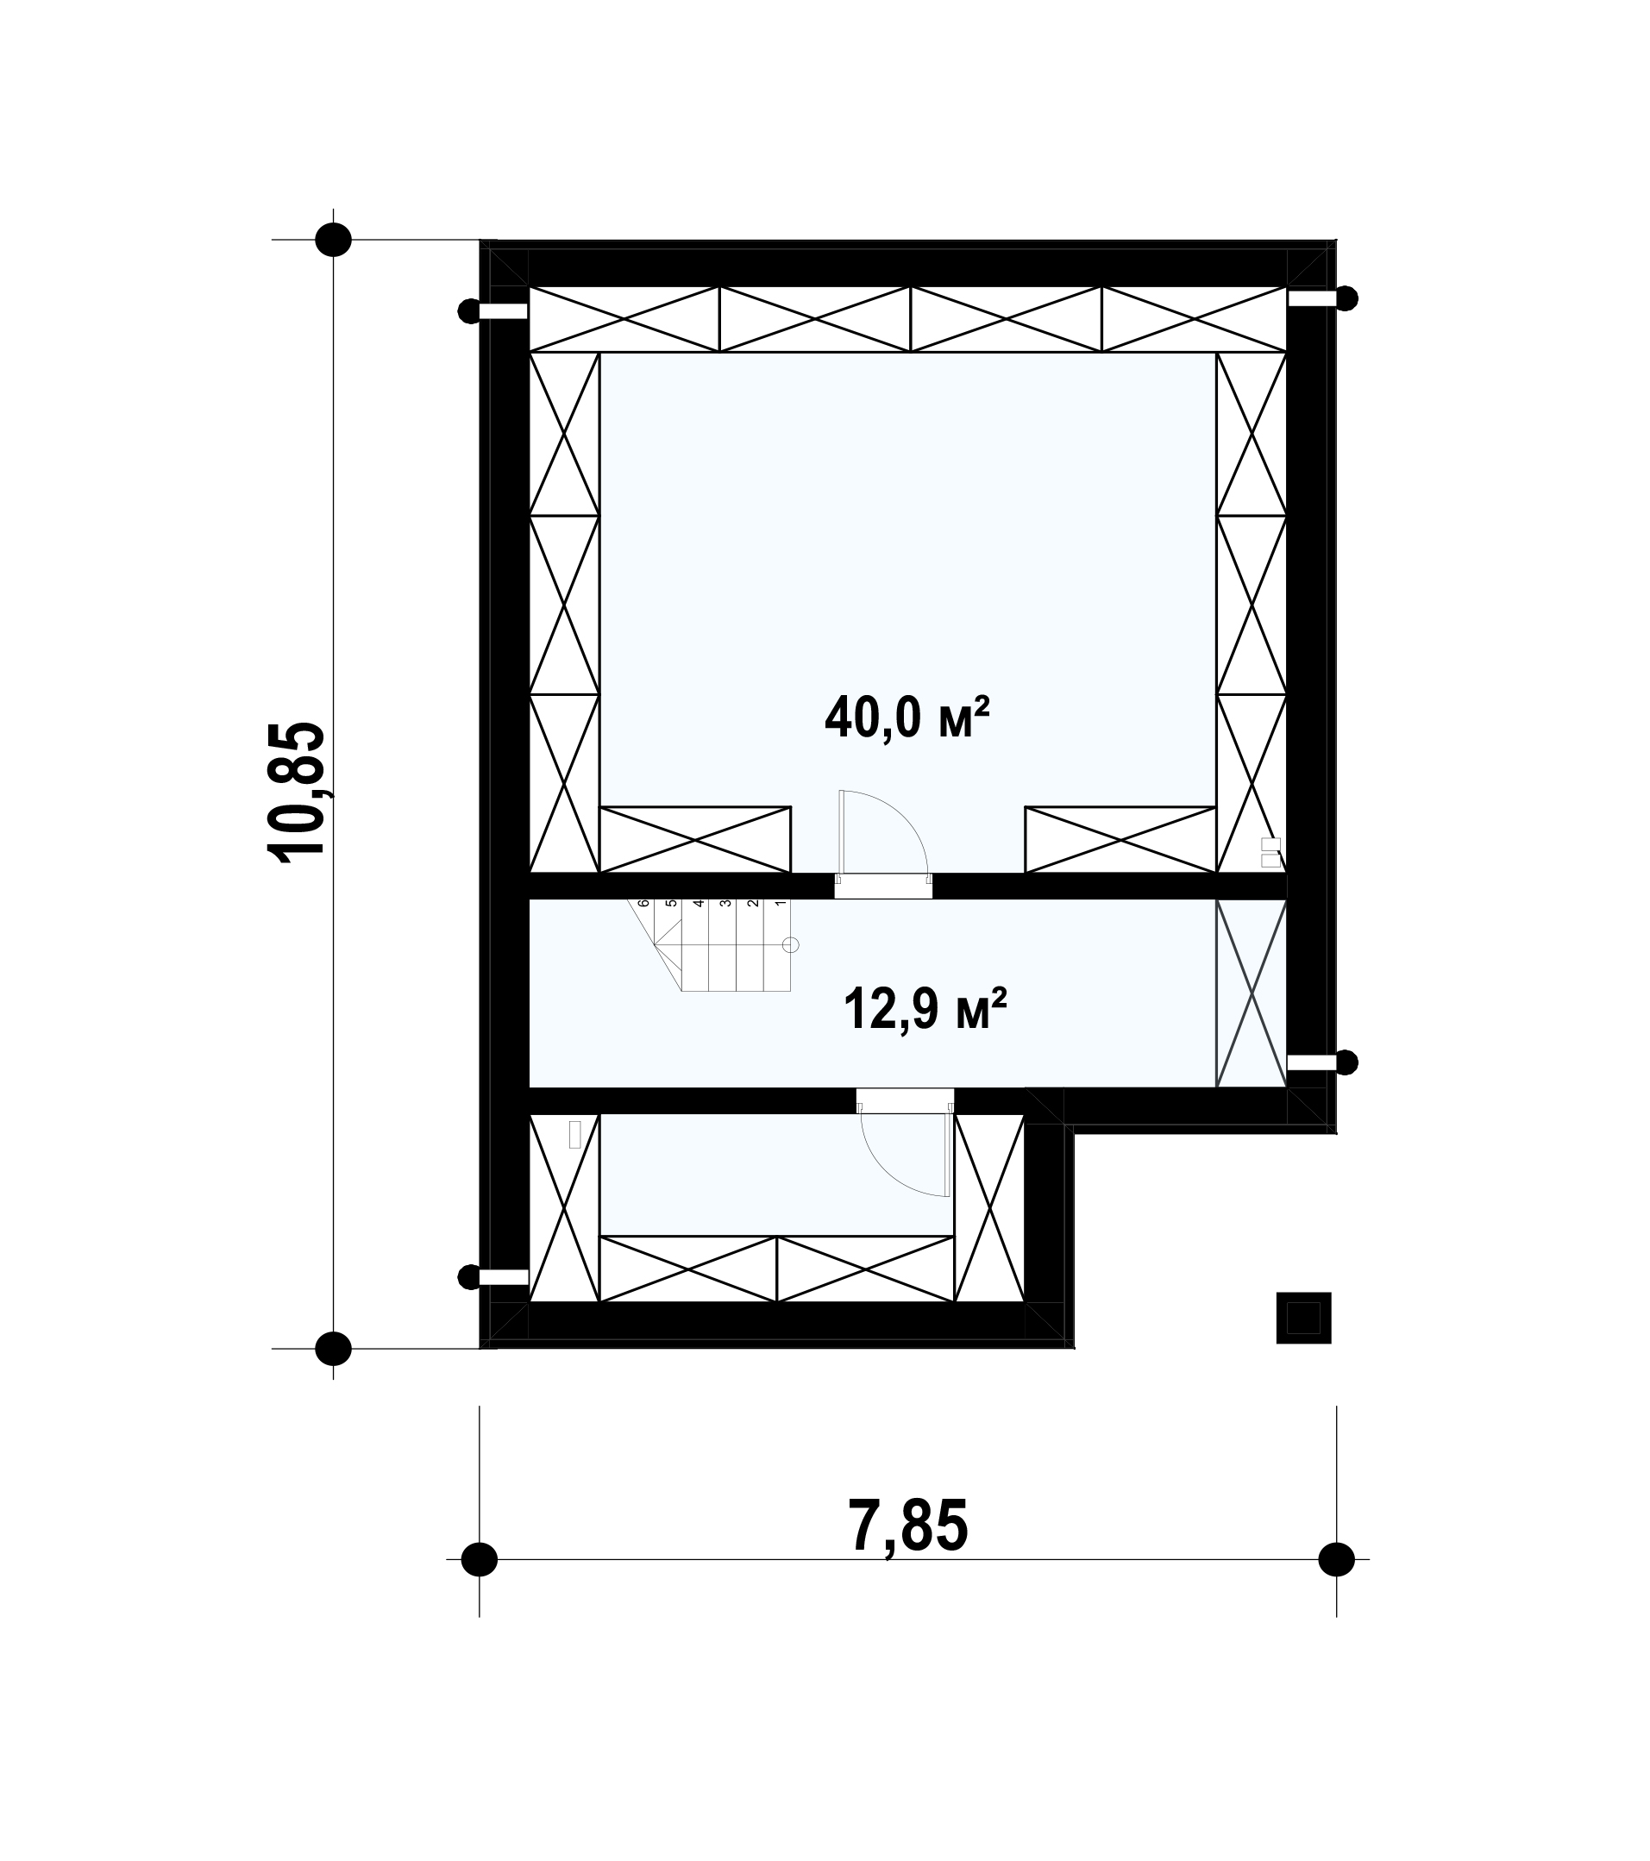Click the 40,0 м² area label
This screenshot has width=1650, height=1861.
pos(907,717)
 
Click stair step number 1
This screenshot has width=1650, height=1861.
pos(781,904)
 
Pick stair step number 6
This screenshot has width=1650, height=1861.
pos(643,904)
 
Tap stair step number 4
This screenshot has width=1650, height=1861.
pos(699,904)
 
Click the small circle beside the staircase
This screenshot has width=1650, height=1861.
pos(791,945)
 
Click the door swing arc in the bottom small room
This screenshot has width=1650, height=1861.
pos(888,1175)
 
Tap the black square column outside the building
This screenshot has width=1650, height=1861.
pos(1303,1318)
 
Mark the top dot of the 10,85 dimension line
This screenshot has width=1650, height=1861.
pos(333,240)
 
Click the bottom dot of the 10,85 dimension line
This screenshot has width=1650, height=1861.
pos(333,1348)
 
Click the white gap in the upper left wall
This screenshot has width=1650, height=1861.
pos(504,311)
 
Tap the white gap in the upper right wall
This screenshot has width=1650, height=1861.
pos(1311,298)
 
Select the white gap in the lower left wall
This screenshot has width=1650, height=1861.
pos(504,1276)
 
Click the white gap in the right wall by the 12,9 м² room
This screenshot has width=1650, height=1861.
pos(1311,1062)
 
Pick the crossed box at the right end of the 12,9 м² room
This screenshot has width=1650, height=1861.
pos(1252,993)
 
